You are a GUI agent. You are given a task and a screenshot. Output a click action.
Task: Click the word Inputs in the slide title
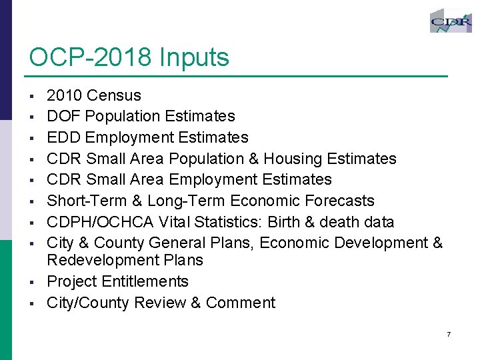point(194,58)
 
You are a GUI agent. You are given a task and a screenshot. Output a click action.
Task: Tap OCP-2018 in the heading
point(91,58)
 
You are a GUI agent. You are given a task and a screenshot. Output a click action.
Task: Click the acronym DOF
point(64,117)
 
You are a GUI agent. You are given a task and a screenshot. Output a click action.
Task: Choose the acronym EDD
point(64,138)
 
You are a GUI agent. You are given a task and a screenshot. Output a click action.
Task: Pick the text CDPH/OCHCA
point(101,222)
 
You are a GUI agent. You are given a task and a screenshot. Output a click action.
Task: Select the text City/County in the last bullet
point(88,303)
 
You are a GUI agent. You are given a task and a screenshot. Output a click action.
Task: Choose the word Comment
point(241,303)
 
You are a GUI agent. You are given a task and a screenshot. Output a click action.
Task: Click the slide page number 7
point(449,333)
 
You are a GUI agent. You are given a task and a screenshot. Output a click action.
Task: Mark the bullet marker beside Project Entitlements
point(32,282)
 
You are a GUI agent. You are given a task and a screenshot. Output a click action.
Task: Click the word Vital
point(175,222)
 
